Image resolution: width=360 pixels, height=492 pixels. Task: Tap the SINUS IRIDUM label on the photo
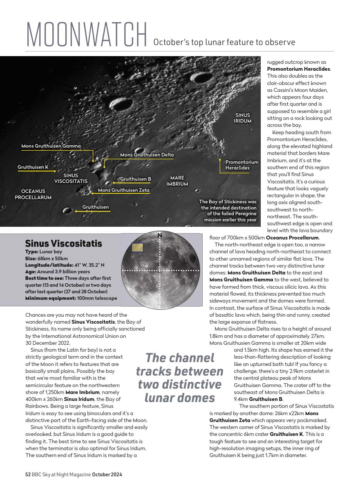point(243,118)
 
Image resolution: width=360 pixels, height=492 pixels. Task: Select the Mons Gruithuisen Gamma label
point(51,146)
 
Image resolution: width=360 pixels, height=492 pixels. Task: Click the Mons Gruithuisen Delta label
point(147,155)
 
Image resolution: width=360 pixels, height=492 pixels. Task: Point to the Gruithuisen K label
point(33,167)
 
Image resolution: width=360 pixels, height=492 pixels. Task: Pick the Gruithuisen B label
point(135,179)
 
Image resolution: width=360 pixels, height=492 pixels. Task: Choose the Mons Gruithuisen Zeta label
point(123,190)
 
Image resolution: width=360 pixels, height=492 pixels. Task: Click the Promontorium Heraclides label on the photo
point(242,165)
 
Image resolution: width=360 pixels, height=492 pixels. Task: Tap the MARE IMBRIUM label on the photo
point(177,181)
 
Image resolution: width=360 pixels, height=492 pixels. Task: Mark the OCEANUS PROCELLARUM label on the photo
point(33,194)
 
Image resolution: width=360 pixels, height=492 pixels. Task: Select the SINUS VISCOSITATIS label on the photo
point(71,178)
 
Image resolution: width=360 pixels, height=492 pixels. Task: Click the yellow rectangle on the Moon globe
point(137,248)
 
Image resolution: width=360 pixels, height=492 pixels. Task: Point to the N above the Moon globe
point(160,235)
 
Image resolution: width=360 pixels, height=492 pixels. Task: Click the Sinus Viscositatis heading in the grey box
point(63,243)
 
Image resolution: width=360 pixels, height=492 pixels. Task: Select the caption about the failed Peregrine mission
point(227,211)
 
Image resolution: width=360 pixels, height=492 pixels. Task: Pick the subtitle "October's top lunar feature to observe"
point(224,42)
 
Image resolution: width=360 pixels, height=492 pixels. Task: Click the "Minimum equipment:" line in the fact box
point(71,298)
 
